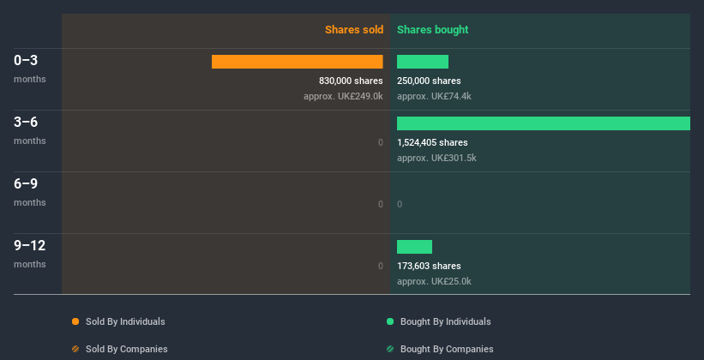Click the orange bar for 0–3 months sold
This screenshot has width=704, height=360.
(x=297, y=62)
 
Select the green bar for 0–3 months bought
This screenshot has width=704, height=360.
(x=423, y=62)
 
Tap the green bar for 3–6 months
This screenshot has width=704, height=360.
(x=543, y=123)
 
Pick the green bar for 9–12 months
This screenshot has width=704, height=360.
(x=414, y=247)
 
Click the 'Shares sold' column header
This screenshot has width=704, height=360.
(x=353, y=30)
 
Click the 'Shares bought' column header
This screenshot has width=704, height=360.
(x=432, y=30)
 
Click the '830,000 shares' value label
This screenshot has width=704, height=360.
(x=351, y=81)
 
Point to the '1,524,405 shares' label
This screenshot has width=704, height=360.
(x=432, y=143)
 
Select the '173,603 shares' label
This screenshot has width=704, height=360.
(x=429, y=267)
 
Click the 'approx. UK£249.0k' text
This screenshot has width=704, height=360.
(x=343, y=96)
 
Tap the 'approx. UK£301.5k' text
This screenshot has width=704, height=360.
(x=436, y=158)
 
